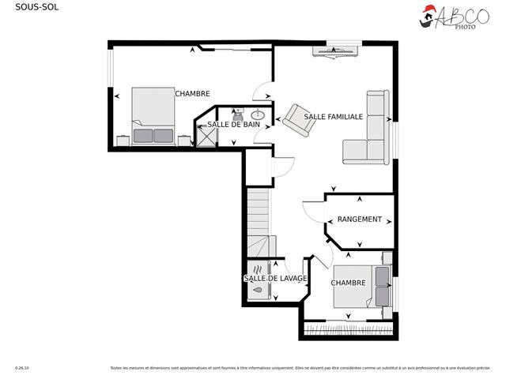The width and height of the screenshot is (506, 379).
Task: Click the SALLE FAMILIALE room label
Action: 333,116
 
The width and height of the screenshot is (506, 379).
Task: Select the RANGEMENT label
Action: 359,220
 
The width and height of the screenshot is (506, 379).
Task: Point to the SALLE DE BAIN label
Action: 233,125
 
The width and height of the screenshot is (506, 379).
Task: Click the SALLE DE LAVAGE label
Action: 274,278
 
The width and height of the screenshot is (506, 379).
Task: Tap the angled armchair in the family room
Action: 298,118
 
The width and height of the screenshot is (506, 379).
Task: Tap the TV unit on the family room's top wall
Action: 336,51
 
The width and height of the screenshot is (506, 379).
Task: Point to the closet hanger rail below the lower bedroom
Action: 348,325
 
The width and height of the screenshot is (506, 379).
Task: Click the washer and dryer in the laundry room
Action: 259,280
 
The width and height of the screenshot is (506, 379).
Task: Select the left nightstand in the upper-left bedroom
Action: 123,141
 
